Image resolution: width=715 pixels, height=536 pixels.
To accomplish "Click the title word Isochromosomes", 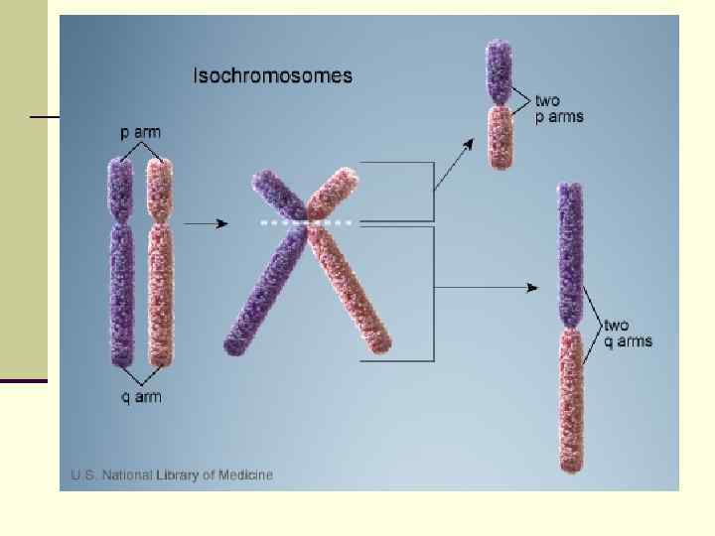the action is [x=271, y=75].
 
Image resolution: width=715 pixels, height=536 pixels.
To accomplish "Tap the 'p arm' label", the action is [x=140, y=132].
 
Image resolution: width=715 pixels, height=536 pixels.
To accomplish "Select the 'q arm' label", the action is [x=141, y=398].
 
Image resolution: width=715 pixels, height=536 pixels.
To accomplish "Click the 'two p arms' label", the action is [x=559, y=108].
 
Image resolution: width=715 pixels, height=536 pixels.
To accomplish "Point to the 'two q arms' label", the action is [x=628, y=334].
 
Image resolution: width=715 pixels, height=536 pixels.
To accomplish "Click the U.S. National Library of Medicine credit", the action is [x=172, y=474].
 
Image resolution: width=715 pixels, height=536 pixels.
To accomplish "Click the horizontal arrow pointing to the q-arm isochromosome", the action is [x=487, y=288].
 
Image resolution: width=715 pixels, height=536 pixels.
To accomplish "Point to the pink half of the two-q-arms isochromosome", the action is [x=570, y=397].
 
